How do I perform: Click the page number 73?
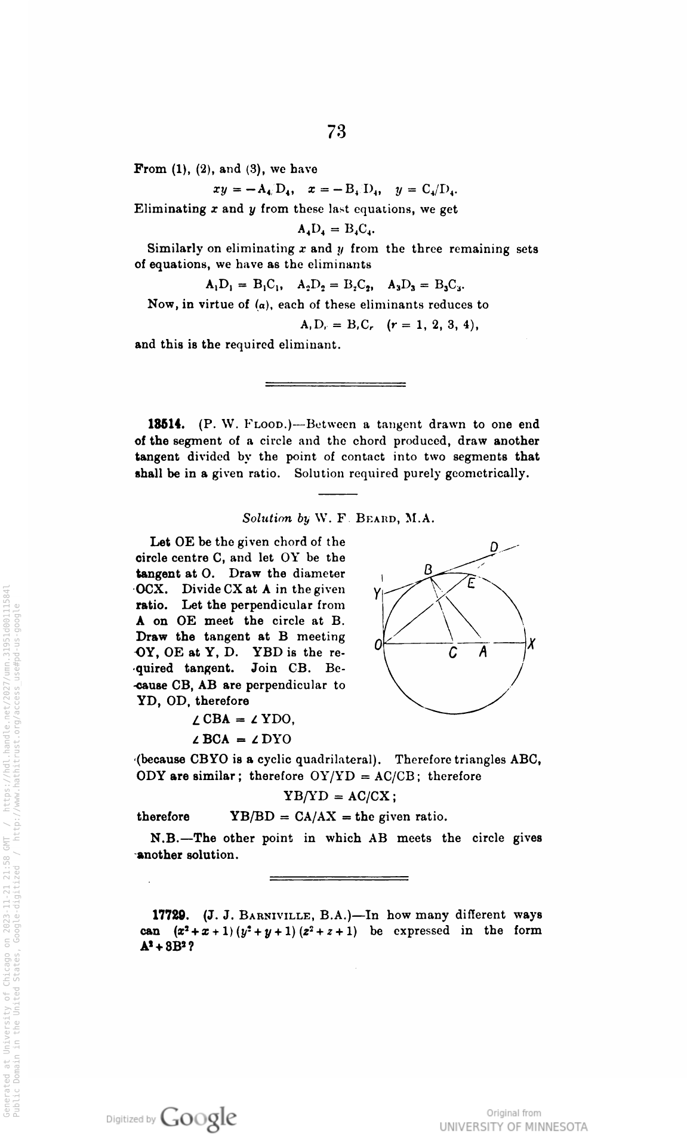[x=337, y=131]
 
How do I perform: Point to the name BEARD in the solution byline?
[x=380, y=518]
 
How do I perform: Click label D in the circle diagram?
[x=494, y=547]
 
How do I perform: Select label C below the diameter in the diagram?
[x=453, y=654]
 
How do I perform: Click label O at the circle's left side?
[x=378, y=645]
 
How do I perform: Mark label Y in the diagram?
[x=377, y=594]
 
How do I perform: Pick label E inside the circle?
[x=471, y=584]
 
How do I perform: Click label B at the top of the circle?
[x=427, y=570]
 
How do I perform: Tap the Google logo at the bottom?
[x=198, y=1115]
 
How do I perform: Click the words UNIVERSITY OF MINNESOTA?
[x=513, y=1126]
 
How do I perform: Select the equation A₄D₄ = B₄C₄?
[x=336, y=229]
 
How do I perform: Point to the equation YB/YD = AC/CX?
[x=338, y=796]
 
